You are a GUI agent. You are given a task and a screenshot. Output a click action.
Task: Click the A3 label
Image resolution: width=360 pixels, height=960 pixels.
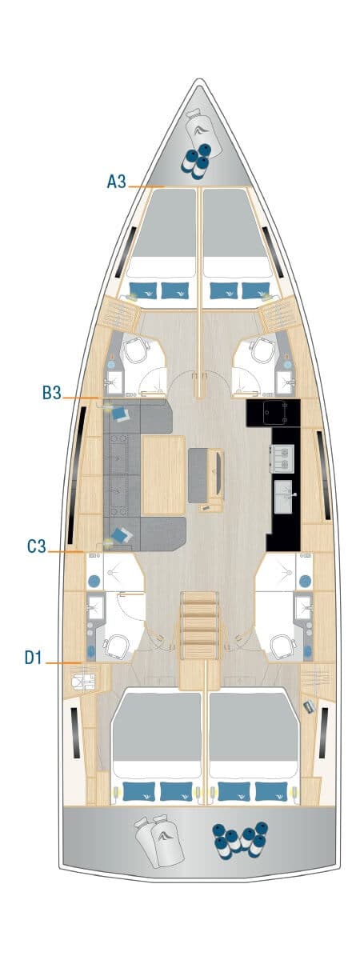pyautogui.click(x=117, y=182)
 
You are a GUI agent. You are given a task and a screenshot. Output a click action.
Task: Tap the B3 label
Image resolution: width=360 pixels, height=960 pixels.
pyautogui.click(x=51, y=393)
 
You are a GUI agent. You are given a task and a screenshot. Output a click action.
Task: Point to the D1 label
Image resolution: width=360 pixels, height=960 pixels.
pyautogui.click(x=34, y=657)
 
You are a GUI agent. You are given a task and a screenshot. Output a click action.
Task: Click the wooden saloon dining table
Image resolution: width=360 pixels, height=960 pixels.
pyautogui.click(x=163, y=474)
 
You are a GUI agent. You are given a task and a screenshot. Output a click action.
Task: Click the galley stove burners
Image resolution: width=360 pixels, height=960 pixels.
pyautogui.click(x=282, y=458)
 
